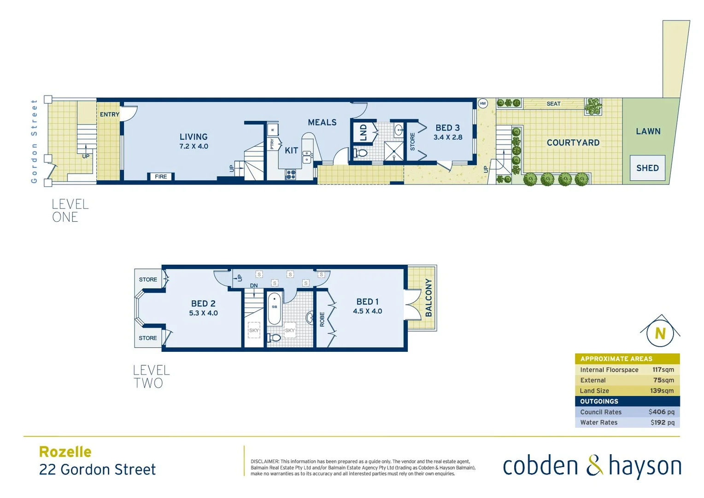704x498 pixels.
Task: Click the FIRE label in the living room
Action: click(161, 177)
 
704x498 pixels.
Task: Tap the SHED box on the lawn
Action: click(647, 168)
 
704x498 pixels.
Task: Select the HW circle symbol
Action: click(482, 103)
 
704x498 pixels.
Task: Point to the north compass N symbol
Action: click(660, 333)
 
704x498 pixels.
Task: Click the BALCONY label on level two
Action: click(428, 298)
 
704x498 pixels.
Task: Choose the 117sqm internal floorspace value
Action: click(663, 370)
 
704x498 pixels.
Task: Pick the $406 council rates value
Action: click(661, 412)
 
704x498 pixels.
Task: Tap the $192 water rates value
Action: click(662, 422)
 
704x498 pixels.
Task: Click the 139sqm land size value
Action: click(662, 391)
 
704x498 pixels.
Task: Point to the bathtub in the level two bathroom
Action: click(274, 308)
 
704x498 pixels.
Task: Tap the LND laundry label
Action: click(363, 132)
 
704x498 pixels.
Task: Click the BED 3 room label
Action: click(447, 128)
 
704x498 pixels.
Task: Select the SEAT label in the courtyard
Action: click(553, 104)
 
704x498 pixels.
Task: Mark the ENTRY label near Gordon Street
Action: click(110, 114)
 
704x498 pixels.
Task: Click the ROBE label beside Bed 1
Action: click(322, 319)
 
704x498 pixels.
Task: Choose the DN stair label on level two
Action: click(254, 286)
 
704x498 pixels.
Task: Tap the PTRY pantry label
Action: click(272, 144)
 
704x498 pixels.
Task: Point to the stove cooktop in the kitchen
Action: click(291, 174)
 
